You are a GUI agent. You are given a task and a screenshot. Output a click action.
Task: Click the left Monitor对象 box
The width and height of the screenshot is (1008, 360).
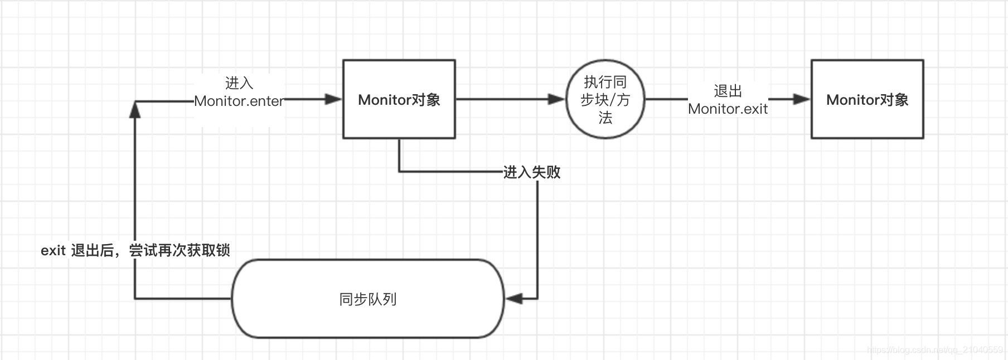point(399,99)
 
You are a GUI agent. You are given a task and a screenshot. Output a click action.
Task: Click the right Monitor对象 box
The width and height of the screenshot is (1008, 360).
point(867,99)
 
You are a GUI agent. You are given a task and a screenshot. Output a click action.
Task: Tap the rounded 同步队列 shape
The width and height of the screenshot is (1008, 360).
point(368,299)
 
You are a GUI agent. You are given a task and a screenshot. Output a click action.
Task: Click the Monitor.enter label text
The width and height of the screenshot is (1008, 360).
point(239,101)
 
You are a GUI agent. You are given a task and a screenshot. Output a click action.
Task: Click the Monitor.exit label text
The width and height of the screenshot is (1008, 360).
point(728,109)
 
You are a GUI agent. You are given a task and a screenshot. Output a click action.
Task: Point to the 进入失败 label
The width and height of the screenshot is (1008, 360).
point(531,172)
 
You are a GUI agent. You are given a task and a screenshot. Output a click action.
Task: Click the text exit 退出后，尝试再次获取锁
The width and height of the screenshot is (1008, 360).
point(135,250)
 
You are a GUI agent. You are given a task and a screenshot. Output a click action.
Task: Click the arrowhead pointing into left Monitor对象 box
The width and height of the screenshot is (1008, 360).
point(333,99)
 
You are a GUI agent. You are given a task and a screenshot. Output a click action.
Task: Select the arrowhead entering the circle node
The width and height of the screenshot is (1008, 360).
point(556,99)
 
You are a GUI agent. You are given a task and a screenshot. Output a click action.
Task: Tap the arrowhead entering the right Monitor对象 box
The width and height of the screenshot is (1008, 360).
point(801,99)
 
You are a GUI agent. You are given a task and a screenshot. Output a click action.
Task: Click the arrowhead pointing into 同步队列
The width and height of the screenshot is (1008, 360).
point(514,299)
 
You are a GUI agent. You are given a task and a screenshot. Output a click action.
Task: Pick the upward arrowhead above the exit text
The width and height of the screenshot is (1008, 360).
point(135,109)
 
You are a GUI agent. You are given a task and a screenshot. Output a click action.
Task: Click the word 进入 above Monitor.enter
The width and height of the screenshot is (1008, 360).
point(239,83)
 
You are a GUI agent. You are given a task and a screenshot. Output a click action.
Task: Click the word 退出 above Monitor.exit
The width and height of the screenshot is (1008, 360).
point(728,91)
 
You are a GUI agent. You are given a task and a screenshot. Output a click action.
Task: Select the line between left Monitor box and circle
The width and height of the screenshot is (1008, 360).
point(502,99)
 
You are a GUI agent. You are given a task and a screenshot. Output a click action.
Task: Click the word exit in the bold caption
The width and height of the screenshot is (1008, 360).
point(53,251)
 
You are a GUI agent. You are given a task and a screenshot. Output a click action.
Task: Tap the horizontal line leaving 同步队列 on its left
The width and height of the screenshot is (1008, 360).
point(184,299)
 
